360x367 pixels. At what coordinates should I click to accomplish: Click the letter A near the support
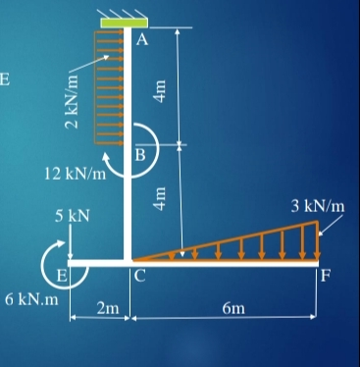click(x=142, y=40)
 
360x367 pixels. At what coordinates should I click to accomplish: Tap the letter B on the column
click(x=140, y=154)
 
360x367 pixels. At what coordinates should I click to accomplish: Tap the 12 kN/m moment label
click(x=77, y=175)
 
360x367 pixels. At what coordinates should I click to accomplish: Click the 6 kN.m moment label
click(x=30, y=298)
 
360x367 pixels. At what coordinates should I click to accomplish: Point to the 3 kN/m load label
click(x=319, y=206)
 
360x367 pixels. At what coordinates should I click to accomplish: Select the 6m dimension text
click(x=233, y=310)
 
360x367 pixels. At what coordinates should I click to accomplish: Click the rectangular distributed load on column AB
click(x=111, y=88)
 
